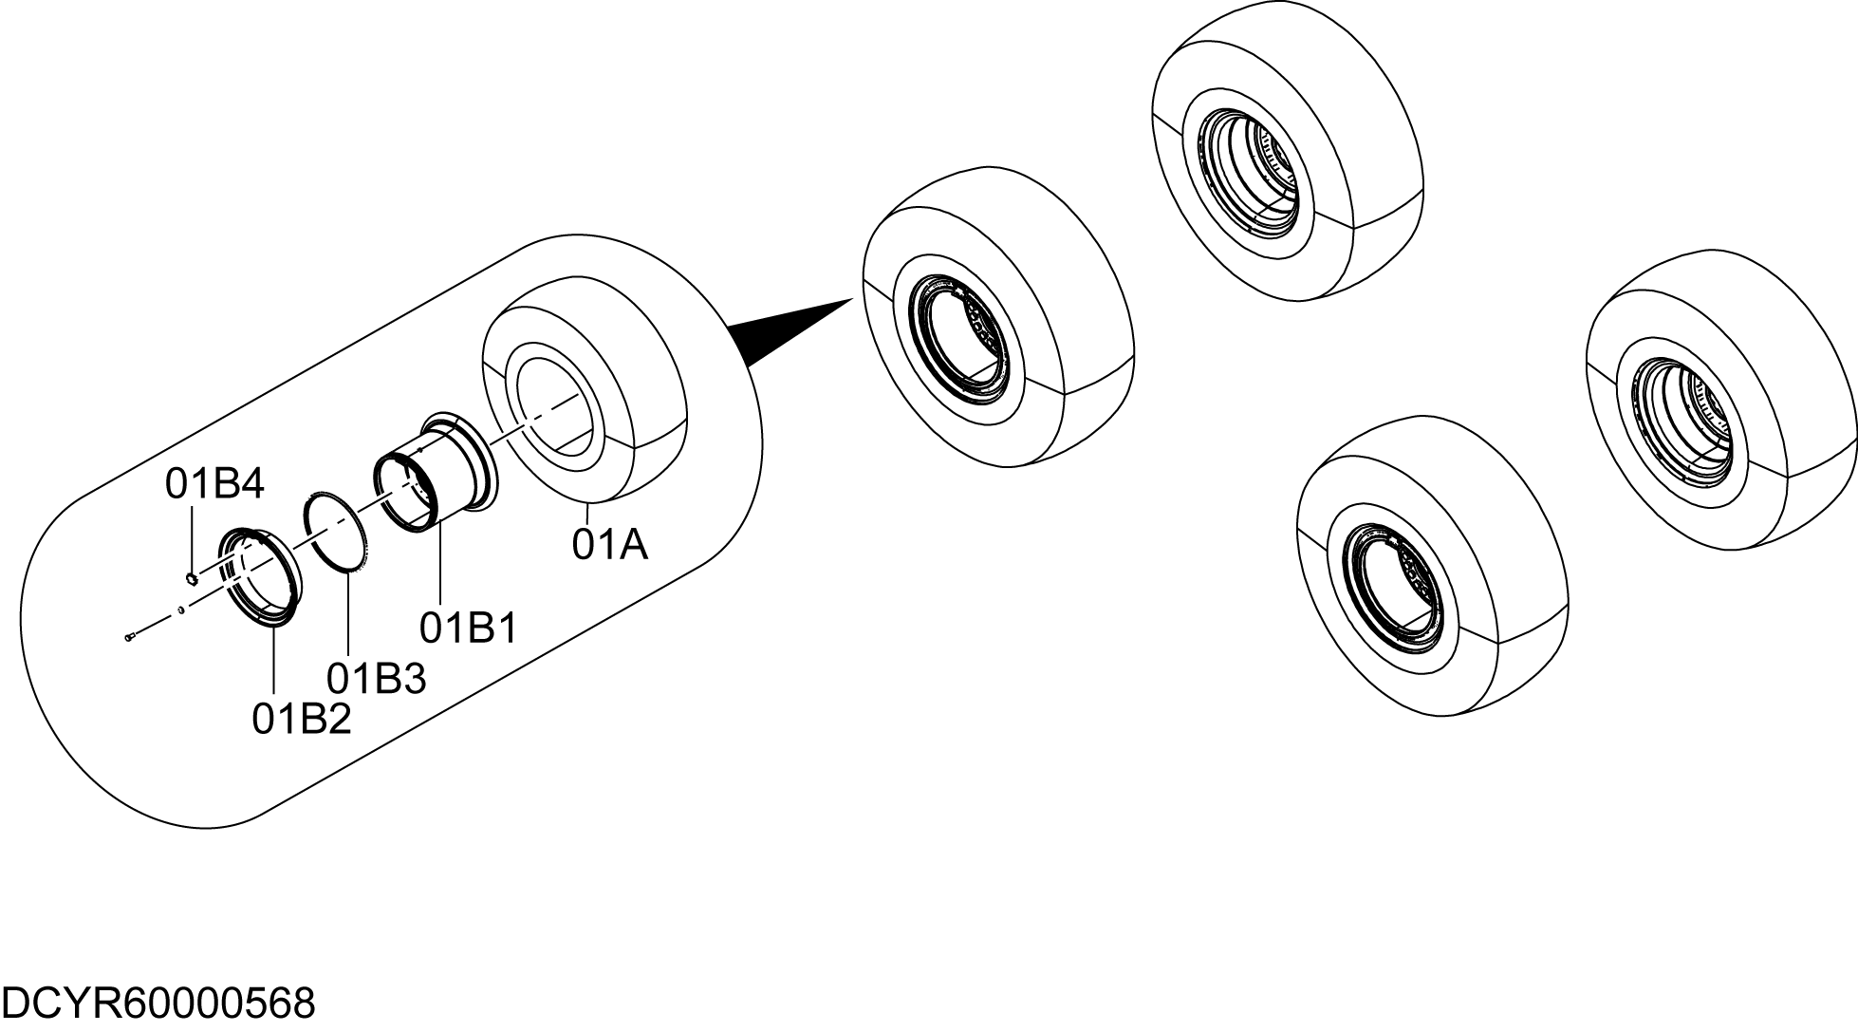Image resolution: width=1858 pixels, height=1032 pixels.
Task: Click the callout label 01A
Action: (x=609, y=546)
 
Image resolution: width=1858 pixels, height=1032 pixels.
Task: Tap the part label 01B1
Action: (x=469, y=628)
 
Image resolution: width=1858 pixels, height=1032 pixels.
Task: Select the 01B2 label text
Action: (x=302, y=720)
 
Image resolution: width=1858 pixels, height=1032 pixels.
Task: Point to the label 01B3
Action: (x=377, y=679)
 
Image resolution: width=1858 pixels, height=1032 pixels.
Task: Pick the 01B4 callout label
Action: (x=214, y=484)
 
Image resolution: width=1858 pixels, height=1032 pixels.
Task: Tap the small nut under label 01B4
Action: (x=191, y=579)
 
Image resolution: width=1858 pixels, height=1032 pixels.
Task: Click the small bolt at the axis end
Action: (x=131, y=638)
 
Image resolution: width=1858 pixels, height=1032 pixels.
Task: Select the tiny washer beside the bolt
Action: (x=180, y=610)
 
